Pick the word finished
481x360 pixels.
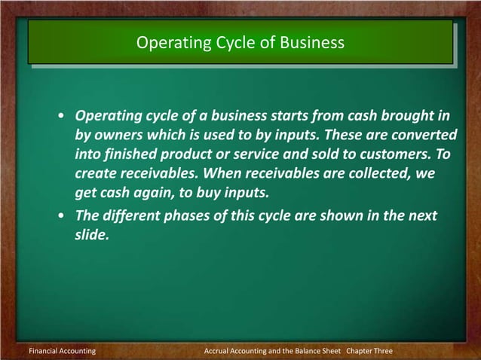pyautogui.click(x=130, y=154)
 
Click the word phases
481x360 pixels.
pyautogui.click(x=194, y=217)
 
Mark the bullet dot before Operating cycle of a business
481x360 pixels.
pyautogui.click(x=60, y=117)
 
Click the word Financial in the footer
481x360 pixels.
pyautogui.click(x=43, y=352)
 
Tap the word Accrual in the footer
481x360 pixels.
pyautogui.click(x=220, y=352)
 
